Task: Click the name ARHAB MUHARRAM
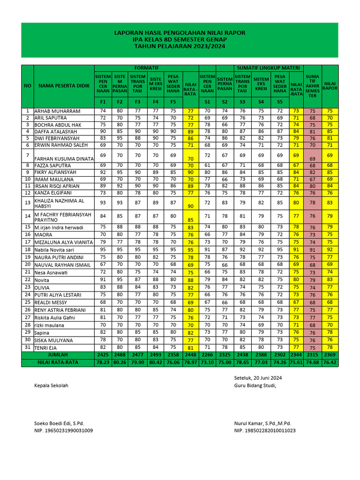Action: [57, 111]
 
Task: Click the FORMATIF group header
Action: [146, 68]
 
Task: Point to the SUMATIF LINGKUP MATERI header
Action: [269, 68]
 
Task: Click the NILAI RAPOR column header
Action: [330, 85]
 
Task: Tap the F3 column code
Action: [137, 102]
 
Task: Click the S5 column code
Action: [280, 102]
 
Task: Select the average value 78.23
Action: [102, 363]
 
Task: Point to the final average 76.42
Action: [330, 363]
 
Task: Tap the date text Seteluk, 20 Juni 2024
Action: [258, 378]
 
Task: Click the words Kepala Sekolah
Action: [51, 385]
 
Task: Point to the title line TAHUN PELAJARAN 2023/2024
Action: [180, 47]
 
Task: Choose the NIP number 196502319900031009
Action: [63, 430]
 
